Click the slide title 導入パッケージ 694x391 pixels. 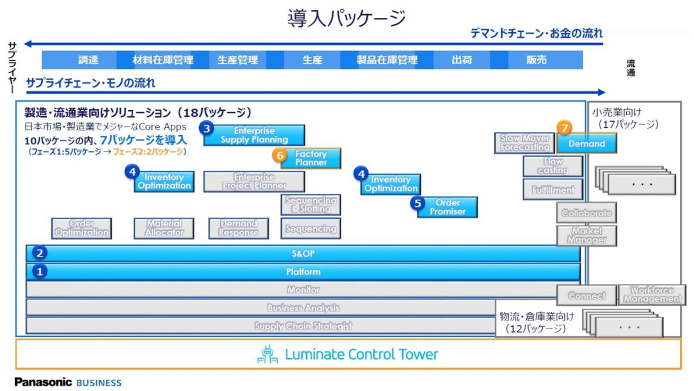347,18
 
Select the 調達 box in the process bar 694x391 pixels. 88,60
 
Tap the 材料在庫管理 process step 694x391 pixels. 163,60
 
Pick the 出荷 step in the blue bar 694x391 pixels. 461,60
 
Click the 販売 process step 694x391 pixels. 536,60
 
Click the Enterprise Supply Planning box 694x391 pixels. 254,135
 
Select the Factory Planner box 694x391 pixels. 311,158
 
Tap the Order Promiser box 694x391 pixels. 448,207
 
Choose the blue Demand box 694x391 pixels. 587,144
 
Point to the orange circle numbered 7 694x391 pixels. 564,128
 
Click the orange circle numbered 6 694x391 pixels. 281,155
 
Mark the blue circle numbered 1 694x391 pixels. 39,271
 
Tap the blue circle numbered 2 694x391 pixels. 39,253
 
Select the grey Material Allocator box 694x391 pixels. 163,228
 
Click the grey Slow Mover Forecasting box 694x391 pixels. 524,142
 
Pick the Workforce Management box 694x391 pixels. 652,295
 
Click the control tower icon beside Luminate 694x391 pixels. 268,354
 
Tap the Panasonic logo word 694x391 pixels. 43,382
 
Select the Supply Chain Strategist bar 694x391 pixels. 303,326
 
